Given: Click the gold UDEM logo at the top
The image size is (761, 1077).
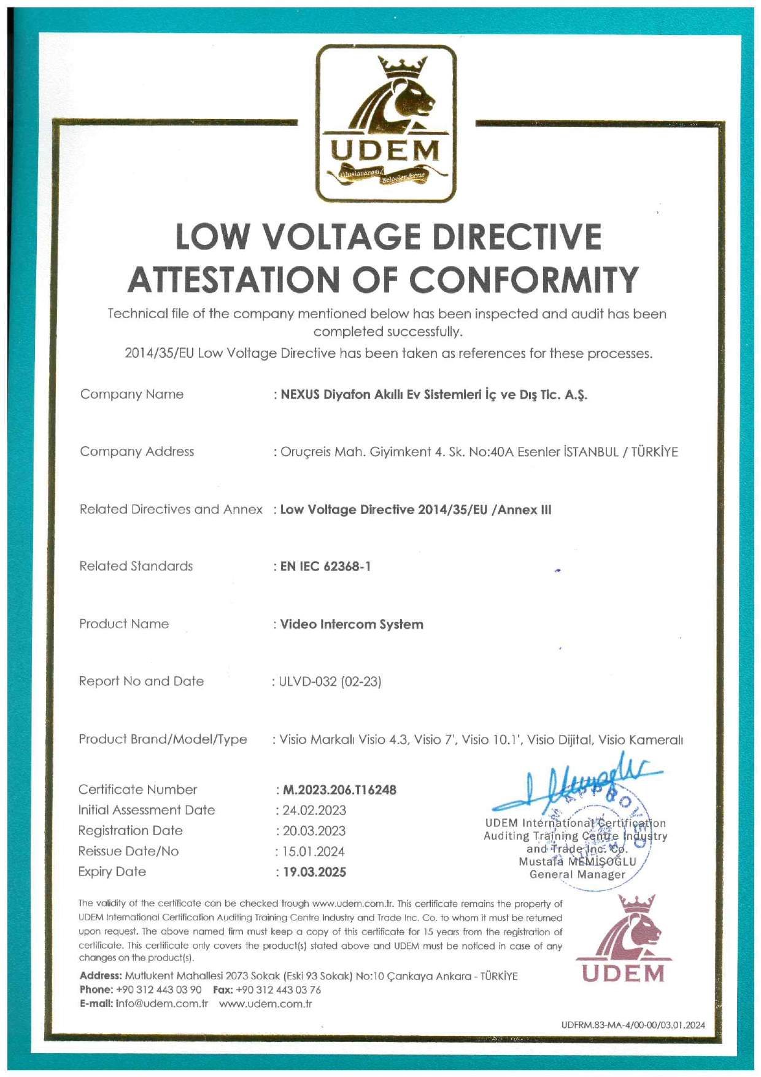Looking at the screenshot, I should click(386, 123).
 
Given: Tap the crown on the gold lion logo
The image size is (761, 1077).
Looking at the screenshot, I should click(402, 66).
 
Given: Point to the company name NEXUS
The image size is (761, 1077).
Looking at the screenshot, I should click(300, 395).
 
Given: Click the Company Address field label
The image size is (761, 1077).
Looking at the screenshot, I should click(137, 452).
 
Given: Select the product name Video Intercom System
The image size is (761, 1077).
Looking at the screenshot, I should click(352, 624).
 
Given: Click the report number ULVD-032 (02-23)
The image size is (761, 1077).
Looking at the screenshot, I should click(330, 682).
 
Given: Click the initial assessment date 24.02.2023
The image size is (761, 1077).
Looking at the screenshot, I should click(314, 811).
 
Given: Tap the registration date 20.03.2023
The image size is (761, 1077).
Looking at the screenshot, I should click(314, 831).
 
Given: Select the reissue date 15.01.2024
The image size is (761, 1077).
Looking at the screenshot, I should click(314, 852).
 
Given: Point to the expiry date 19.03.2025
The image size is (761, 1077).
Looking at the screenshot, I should click(314, 873).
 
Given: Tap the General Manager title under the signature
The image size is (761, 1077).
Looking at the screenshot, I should click(577, 875).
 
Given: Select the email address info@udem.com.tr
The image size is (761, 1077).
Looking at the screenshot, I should click(162, 1004).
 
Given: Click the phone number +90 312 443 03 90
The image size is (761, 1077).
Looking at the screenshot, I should click(158, 990).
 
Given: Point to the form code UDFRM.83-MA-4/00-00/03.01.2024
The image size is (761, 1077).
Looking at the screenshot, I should click(633, 1025).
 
